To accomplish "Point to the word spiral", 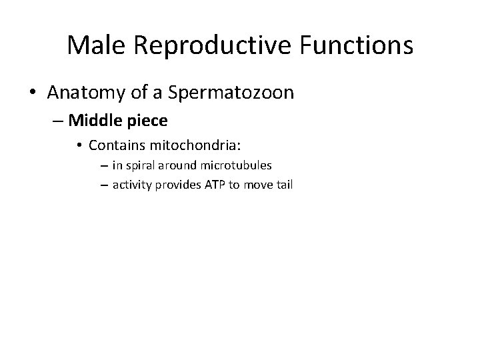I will [139, 165].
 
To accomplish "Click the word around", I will [175, 165].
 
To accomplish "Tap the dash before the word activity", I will [104, 185].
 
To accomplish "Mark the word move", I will [254, 185].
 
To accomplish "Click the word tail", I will [283, 185].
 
